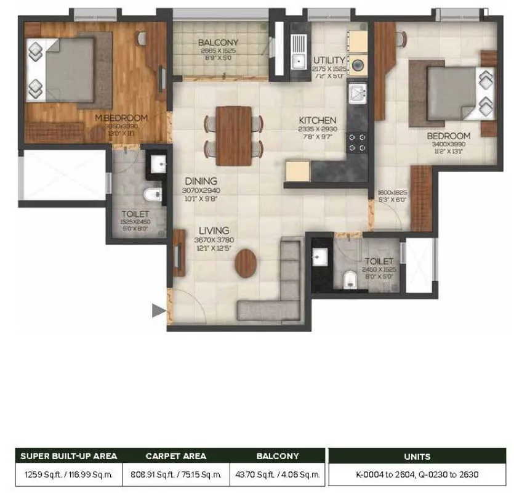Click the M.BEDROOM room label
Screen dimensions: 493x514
tap(121, 118)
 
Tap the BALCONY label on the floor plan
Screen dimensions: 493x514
tap(218, 43)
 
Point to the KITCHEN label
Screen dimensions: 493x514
tap(317, 120)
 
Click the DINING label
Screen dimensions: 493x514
tap(201, 181)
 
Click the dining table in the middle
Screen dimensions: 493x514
tap(234, 136)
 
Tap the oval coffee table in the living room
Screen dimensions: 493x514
tap(246, 262)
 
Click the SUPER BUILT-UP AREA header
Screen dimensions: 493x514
tap(68, 457)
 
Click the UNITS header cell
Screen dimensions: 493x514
tap(417, 457)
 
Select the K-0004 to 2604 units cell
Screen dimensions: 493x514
tap(417, 475)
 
